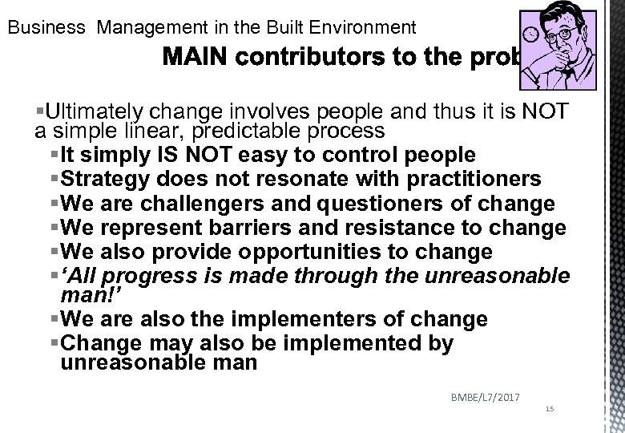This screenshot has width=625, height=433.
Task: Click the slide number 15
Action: coord(549,409)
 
